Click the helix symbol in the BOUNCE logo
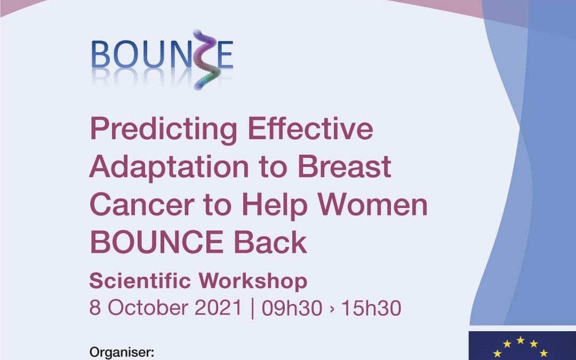(206, 60)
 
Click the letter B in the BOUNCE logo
(100, 54)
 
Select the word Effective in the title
(310, 128)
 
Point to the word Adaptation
(169, 167)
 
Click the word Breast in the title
(344, 166)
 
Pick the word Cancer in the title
(142, 204)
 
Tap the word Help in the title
(275, 205)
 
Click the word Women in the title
(372, 204)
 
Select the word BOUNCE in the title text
(156, 243)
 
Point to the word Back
(270, 242)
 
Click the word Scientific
(140, 281)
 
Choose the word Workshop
(253, 282)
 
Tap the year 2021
(218, 308)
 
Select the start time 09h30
(292, 308)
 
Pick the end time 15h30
(371, 308)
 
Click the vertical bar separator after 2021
(252, 309)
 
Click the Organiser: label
(122, 352)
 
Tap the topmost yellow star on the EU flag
(520, 340)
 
